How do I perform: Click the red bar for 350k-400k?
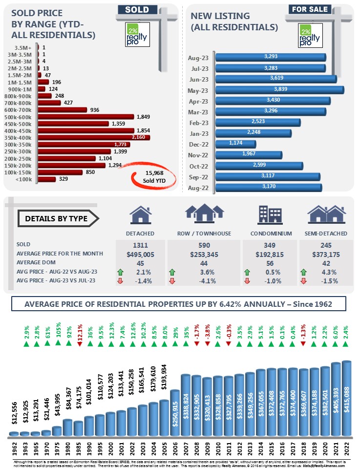tap(93, 138)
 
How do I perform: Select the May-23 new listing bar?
tap(279, 90)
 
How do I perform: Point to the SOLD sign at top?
tap(137, 10)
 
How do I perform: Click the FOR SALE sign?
tap(309, 9)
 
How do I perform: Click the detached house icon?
tap(140, 215)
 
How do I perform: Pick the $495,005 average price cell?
tap(140, 253)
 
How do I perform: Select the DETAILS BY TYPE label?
tap(56, 218)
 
